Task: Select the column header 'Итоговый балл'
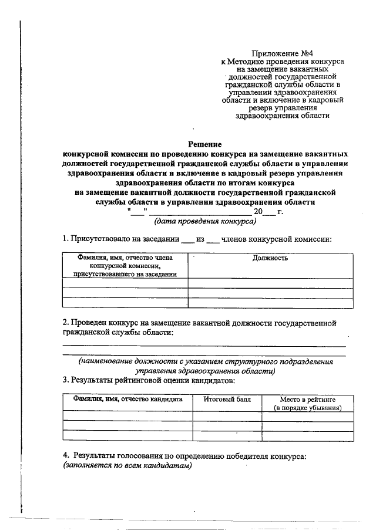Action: [227, 399]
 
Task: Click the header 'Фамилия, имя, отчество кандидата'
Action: [127, 399]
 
